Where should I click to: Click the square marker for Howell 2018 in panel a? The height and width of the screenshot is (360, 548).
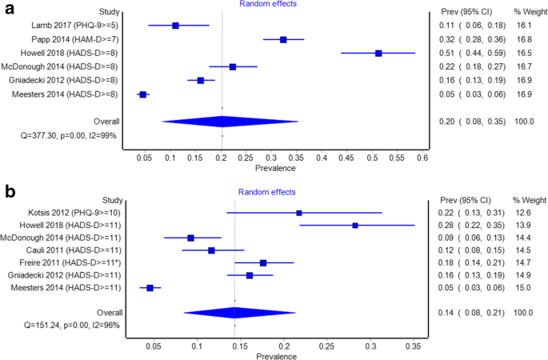[378, 53]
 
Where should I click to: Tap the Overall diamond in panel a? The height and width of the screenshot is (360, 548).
[222, 122]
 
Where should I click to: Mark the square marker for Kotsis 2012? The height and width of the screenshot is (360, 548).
[299, 213]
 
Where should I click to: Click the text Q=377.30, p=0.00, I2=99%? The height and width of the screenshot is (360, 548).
[62, 136]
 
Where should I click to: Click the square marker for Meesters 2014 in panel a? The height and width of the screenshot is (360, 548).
[143, 94]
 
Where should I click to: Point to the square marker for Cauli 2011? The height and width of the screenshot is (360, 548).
[211, 250]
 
